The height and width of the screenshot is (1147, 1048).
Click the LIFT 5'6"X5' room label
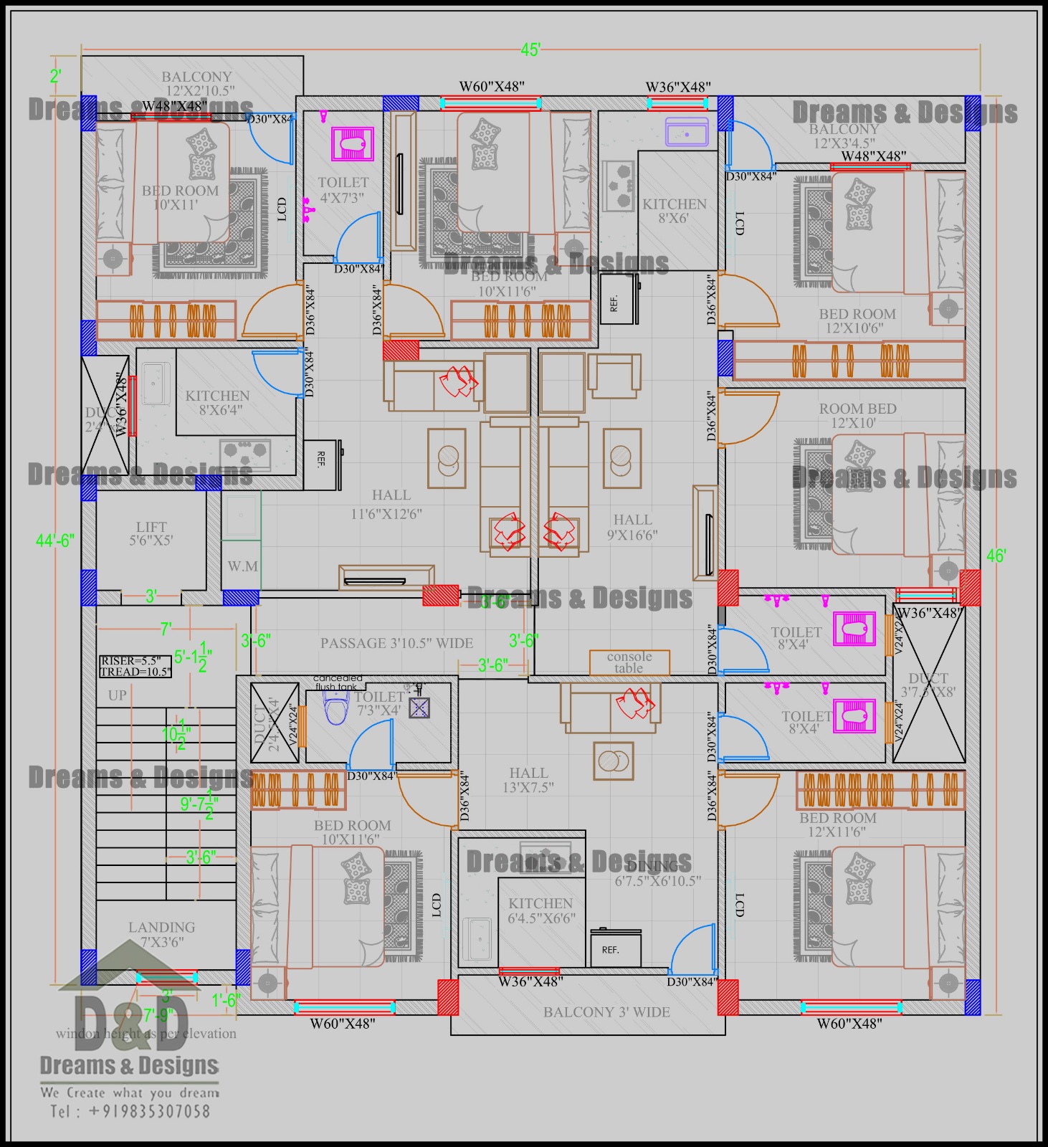pyautogui.click(x=151, y=534)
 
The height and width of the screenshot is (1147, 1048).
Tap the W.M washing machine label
pyautogui.click(x=242, y=566)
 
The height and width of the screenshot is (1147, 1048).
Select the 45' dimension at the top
pyautogui.click(x=530, y=49)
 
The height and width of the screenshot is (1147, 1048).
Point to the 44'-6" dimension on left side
pyautogui.click(x=55, y=541)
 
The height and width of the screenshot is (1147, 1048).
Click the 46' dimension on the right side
pyautogui.click(x=996, y=556)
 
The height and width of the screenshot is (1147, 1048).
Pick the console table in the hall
pyautogui.click(x=629, y=662)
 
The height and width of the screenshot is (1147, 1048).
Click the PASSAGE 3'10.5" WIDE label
pyautogui.click(x=396, y=643)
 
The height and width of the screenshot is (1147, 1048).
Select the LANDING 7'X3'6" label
pyautogui.click(x=162, y=935)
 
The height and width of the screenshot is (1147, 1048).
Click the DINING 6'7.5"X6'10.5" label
pyautogui.click(x=657, y=874)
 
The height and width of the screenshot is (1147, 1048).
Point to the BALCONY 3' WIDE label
pyautogui.click(x=606, y=1012)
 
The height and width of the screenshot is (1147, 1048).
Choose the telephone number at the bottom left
pyautogui.click(x=130, y=1112)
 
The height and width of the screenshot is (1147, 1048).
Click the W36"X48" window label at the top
pyautogui.click(x=678, y=87)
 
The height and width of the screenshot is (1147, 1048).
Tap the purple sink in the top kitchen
pyautogui.click(x=687, y=132)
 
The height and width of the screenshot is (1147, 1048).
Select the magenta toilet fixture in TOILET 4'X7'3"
pyautogui.click(x=353, y=145)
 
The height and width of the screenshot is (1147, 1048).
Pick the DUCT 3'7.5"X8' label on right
pyautogui.click(x=928, y=685)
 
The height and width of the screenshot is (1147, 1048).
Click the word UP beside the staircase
pyautogui.click(x=118, y=695)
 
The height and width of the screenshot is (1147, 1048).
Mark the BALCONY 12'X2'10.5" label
pyautogui.click(x=196, y=83)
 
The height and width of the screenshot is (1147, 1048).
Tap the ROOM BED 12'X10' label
pyautogui.click(x=857, y=416)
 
